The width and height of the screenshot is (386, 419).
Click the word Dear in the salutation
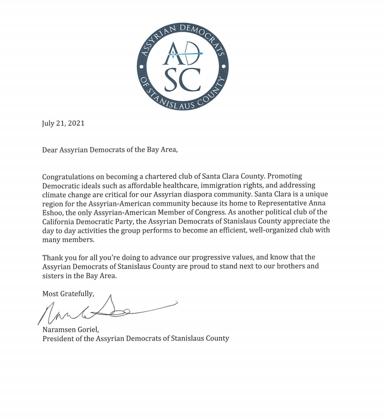(x=50, y=150)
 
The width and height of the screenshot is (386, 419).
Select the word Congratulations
(x=70, y=176)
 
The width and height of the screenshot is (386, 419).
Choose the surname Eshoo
(x=53, y=212)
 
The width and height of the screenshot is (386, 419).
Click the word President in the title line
(x=58, y=338)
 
